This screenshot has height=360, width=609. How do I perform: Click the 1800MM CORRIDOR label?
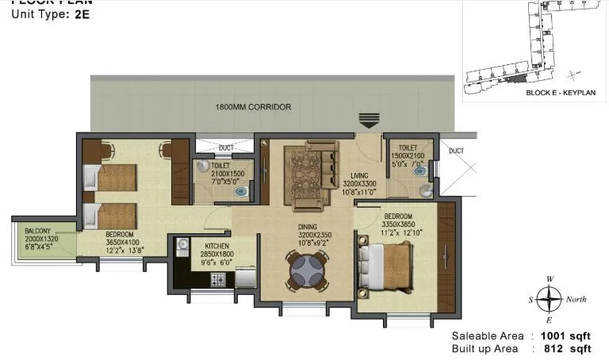[253, 107]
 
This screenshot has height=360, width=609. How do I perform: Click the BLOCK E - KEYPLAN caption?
[560, 93]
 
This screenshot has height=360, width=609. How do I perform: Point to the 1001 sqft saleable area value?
[566, 335]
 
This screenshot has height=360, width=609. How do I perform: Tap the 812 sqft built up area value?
[566, 348]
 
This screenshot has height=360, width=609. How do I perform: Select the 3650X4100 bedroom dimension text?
[122, 243]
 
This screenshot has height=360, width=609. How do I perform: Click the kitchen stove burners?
[217, 279]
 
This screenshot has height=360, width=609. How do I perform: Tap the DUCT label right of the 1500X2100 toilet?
[456, 151]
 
